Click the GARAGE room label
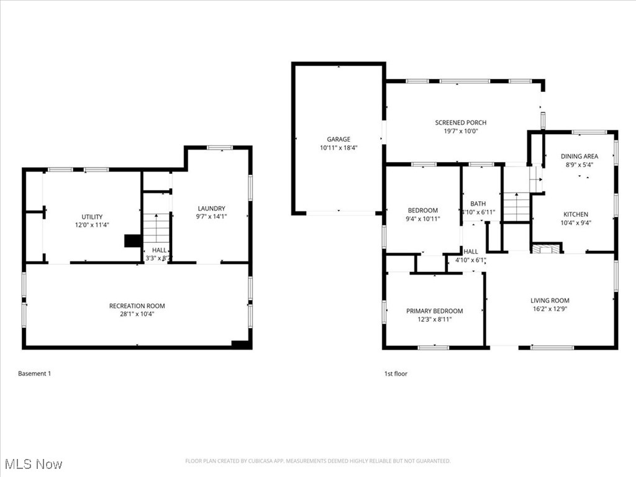(x=338, y=139)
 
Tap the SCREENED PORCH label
(x=460, y=122)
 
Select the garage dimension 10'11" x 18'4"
(x=338, y=148)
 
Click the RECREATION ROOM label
(x=137, y=306)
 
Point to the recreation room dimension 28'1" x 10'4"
(x=137, y=314)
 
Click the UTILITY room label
(x=92, y=217)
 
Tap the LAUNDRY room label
(x=211, y=208)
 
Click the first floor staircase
(x=516, y=207)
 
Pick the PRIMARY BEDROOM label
(x=434, y=311)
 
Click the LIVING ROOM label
(x=550, y=300)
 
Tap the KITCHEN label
(x=576, y=214)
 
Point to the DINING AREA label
(x=579, y=157)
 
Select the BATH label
(x=478, y=203)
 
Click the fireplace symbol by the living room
(x=545, y=249)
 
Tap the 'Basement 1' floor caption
(x=34, y=373)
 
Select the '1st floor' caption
(x=396, y=373)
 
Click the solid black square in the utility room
(x=132, y=241)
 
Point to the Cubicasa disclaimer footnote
(x=318, y=461)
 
